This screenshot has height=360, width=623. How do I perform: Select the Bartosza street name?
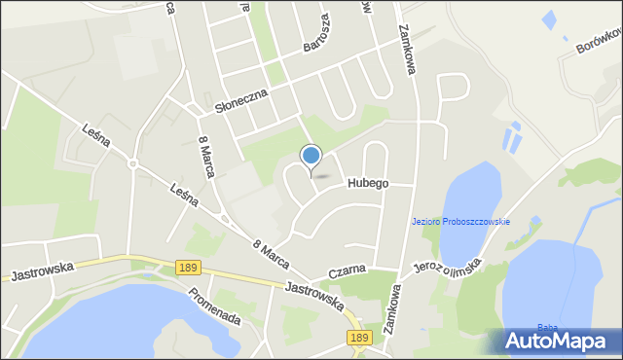(x=313, y=38)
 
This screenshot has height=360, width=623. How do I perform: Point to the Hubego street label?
(x=366, y=182)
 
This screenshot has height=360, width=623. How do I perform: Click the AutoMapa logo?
(x=555, y=341)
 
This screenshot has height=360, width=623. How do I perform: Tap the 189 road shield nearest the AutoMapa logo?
(x=359, y=338)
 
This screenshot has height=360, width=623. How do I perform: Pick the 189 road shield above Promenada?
(x=189, y=266)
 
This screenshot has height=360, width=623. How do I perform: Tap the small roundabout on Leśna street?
(x=133, y=163)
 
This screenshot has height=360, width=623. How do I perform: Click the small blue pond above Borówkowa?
(x=549, y=18)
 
